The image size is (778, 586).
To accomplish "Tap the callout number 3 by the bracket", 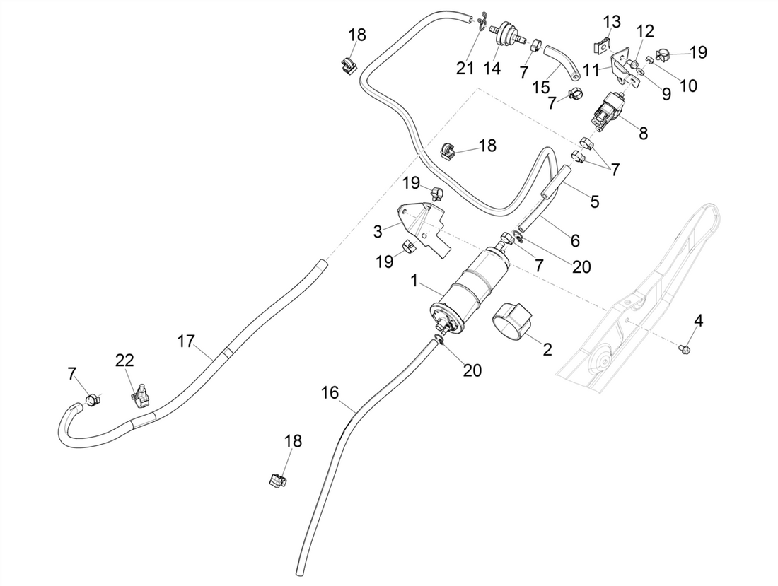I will coord(378,230).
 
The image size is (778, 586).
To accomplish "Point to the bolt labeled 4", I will coord(683,348).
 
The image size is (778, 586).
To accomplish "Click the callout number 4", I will coord(698,321).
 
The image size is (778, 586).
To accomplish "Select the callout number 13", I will coord(612,21).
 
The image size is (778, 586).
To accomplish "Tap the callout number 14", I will coord(492,69).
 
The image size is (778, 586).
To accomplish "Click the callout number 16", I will coord(330,392).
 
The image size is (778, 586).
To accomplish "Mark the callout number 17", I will coord(185,341).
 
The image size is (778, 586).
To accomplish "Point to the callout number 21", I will coord(465,69).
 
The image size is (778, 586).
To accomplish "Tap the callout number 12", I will coord(644,31).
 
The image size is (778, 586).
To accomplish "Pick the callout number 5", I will coord(594,201).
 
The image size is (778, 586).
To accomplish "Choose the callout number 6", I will coord(574,241).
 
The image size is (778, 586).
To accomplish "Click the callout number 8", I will coord(643,132).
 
